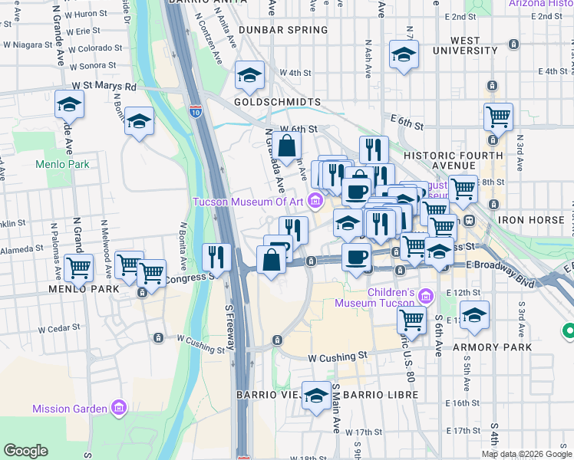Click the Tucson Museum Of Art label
point(249,202)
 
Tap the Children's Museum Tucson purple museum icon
point(427,295)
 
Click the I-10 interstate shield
point(196,111)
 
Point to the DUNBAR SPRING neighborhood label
point(282,30)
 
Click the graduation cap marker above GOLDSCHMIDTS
point(249,76)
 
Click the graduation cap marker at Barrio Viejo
point(315,396)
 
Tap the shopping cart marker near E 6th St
point(498,117)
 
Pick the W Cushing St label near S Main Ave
point(338,357)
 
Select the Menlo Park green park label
point(62,164)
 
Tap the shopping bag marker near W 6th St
point(286,145)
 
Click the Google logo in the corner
point(25,451)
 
